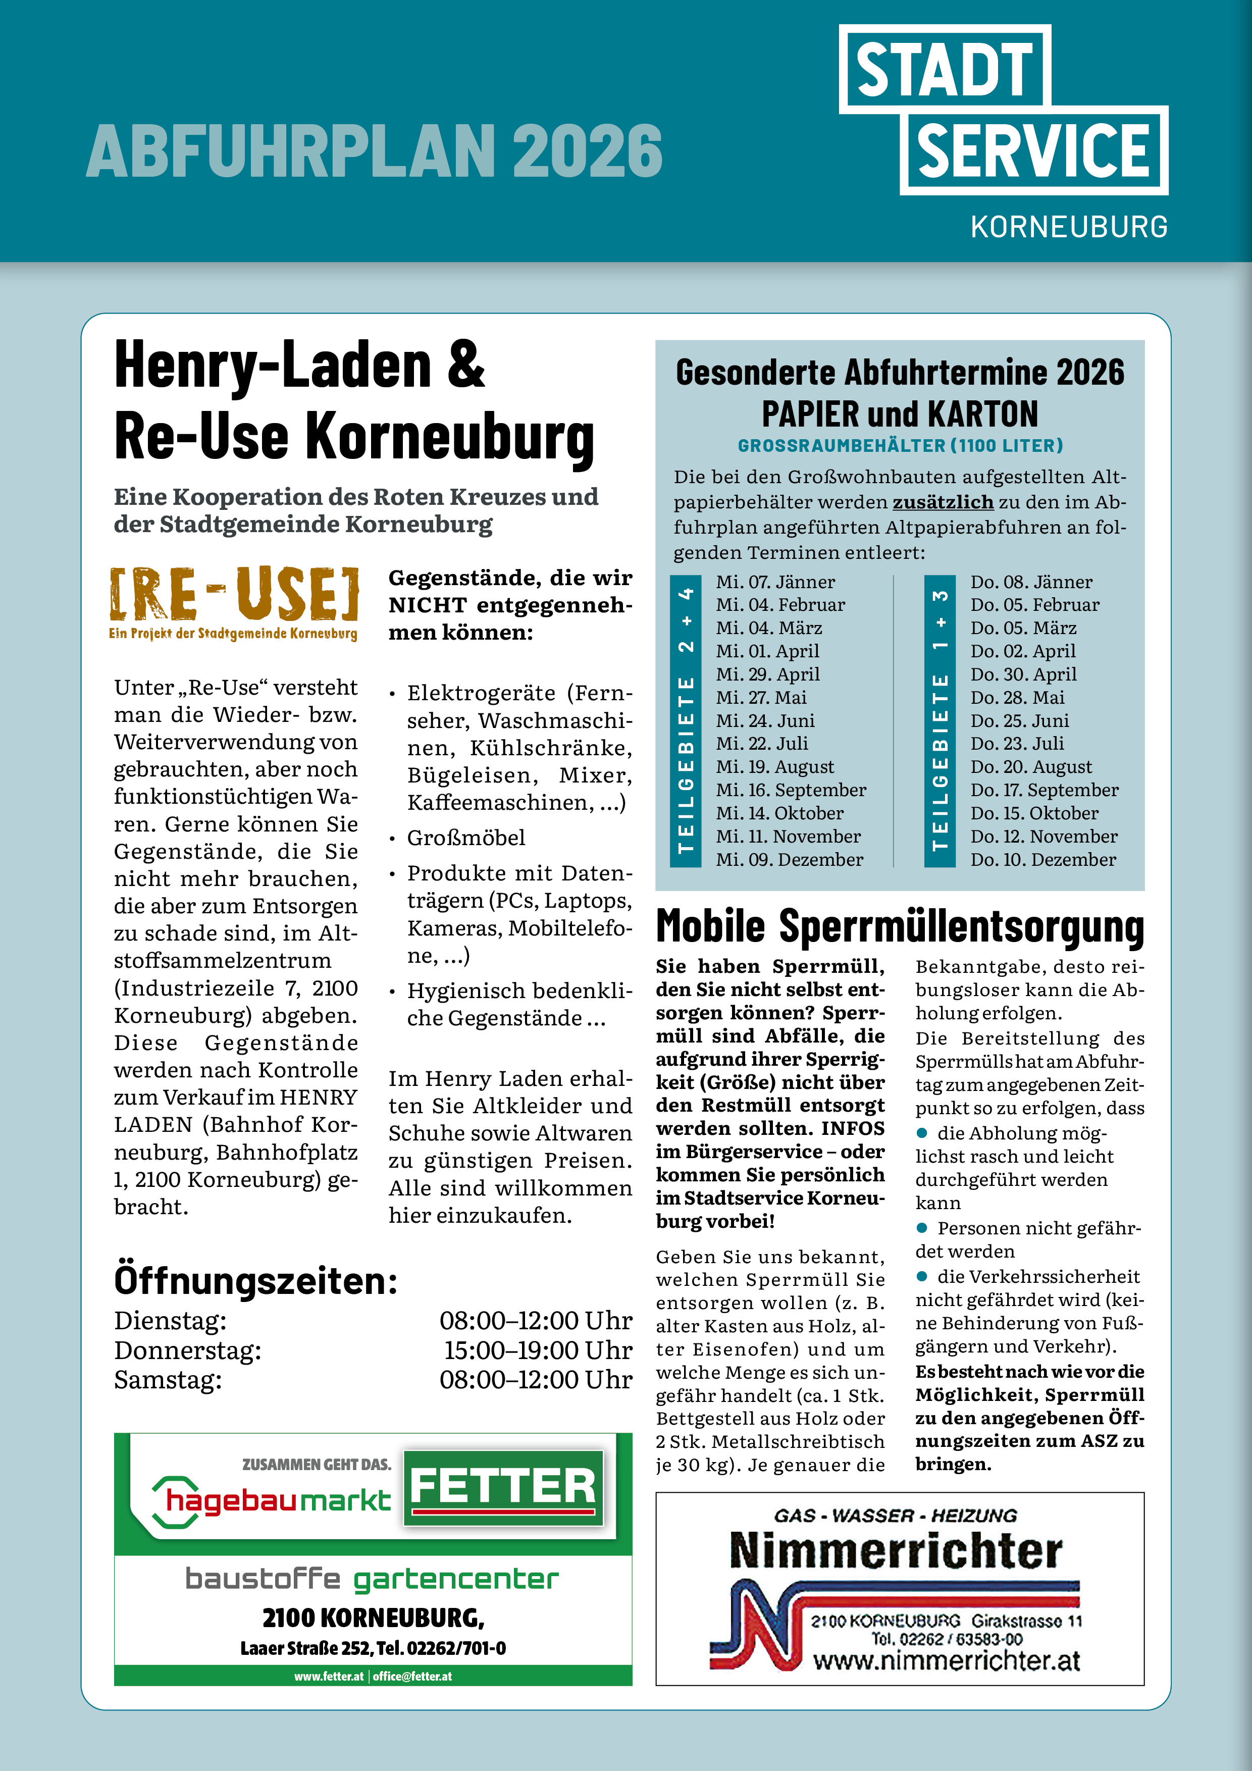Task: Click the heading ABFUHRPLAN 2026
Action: (374, 150)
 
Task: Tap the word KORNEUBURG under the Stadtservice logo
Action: (1068, 227)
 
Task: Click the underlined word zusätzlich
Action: (943, 502)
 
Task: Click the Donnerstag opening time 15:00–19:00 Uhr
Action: (537, 1350)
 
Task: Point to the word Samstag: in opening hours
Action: (168, 1379)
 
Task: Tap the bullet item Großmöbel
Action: (466, 838)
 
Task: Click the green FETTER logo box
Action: (503, 1488)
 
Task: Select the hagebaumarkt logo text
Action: (278, 1500)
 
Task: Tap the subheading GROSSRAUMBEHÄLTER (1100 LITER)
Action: (900, 445)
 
